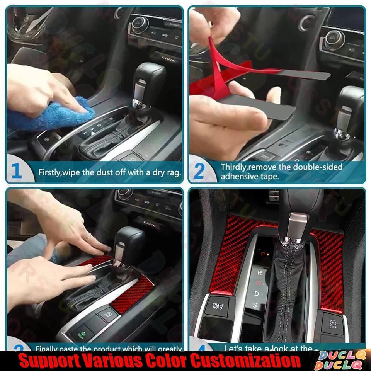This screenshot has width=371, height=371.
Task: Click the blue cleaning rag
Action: point(54,114)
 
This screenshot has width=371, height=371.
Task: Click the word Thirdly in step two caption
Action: point(234,167)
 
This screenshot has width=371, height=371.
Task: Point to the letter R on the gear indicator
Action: point(260,273)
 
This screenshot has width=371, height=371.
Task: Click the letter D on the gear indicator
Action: point(256,294)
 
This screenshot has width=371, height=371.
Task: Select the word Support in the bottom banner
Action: point(45,361)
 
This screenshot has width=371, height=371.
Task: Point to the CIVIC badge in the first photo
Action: point(170,60)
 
